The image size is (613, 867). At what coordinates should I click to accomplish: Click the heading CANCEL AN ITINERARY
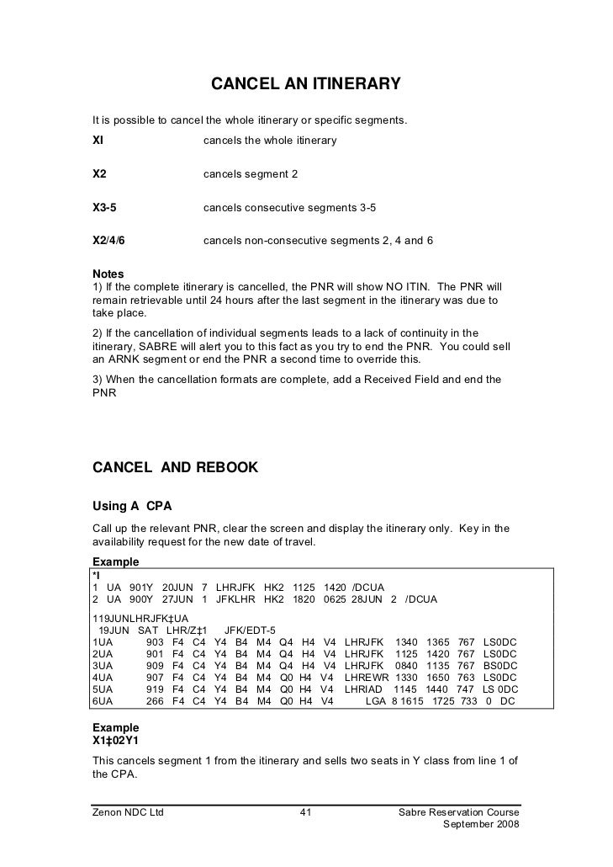[304, 85]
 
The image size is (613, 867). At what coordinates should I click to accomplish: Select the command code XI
[98, 141]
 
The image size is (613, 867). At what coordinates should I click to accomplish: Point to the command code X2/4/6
[108, 241]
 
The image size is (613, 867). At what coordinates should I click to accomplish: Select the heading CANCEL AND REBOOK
[175, 467]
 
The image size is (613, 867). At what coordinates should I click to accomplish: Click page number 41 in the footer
[306, 812]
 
